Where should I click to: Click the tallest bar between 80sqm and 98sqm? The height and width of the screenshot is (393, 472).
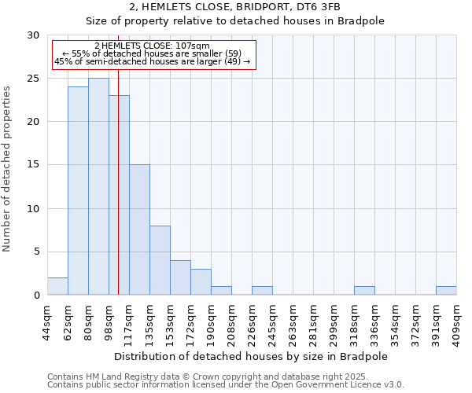pyautogui.click(x=98, y=186)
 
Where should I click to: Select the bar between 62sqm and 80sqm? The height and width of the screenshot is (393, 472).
pyautogui.click(x=78, y=191)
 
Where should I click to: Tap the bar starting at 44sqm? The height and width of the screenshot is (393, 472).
pyautogui.click(x=57, y=286)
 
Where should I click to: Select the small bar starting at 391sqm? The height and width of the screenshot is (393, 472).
pyautogui.click(x=446, y=291)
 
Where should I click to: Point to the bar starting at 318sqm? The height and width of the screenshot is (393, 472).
pyautogui.click(x=364, y=291)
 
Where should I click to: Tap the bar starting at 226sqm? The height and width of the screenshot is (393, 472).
pyautogui.click(x=262, y=291)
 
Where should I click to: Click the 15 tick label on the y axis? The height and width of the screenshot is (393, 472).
pyautogui.click(x=32, y=165)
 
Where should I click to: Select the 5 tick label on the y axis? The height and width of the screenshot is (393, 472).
pyautogui.click(x=35, y=252)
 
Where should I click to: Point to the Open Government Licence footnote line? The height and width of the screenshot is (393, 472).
pyautogui.click(x=226, y=385)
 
